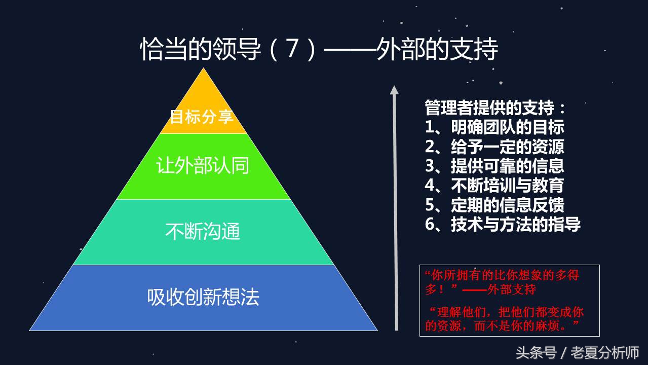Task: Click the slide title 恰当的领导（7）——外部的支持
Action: tap(319, 50)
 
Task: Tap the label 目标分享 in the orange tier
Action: tap(201, 117)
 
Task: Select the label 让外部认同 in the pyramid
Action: tap(203, 166)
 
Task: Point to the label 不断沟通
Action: tap(203, 232)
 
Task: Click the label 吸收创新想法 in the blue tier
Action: tap(203, 297)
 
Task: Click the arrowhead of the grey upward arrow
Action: tap(394, 90)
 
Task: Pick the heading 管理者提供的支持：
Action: tap(495, 108)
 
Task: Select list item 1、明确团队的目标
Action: tap(494, 127)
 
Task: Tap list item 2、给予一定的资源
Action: tap(494, 147)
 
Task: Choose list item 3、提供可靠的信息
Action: tap(494, 166)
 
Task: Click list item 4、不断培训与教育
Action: tap(494, 185)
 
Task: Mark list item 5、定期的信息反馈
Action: tap(494, 205)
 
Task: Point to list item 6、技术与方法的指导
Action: tap(503, 224)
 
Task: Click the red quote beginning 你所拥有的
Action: tap(502, 282)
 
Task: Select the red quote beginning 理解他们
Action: tap(505, 318)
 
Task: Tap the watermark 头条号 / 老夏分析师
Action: tap(577, 352)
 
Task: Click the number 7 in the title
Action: tap(291, 50)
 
